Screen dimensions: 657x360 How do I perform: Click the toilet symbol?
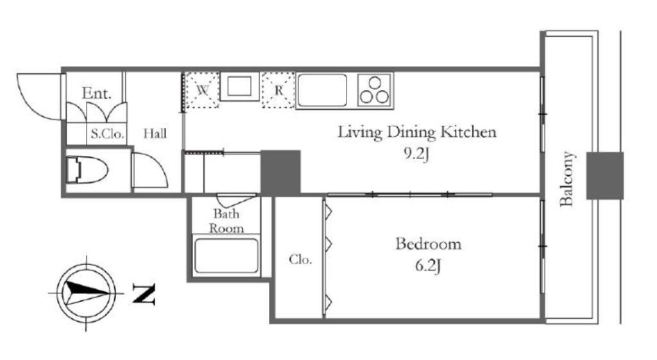(x=87, y=169)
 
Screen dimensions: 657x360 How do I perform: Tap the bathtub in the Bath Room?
(x=226, y=255)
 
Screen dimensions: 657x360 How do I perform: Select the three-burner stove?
(x=375, y=90)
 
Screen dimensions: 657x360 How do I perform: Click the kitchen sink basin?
(x=322, y=90)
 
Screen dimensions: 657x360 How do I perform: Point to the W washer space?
(x=202, y=90)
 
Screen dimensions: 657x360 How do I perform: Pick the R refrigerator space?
(x=278, y=90)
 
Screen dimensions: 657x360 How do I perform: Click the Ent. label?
(x=96, y=93)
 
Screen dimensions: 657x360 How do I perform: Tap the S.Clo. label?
(x=107, y=134)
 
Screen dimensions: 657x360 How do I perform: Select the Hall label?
(x=155, y=133)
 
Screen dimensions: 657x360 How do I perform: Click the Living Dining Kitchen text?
(x=417, y=132)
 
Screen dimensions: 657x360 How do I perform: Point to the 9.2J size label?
(x=416, y=155)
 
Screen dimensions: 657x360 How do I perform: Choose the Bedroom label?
(x=428, y=244)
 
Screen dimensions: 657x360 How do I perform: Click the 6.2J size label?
(x=428, y=266)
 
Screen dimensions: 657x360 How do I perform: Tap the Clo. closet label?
(x=300, y=260)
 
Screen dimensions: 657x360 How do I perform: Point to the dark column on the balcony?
(x=604, y=176)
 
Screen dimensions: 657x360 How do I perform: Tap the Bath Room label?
(x=226, y=221)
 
